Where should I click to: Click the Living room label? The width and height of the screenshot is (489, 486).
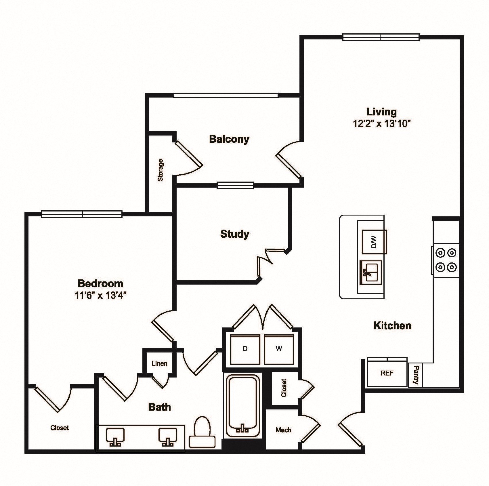tap(381, 112)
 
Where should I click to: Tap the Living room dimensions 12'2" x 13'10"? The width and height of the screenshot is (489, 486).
tap(381, 123)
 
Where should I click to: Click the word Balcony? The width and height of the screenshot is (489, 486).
tap(229, 139)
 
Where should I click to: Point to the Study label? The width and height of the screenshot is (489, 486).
tap(234, 234)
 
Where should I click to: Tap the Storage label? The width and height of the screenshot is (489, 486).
tap(161, 170)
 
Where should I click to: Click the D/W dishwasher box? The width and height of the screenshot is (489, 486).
tap(374, 242)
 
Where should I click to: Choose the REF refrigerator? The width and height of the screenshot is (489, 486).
tap(387, 373)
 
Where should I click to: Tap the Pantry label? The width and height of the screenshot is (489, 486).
tap(416, 375)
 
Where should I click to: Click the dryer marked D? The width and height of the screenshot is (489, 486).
tap(245, 349)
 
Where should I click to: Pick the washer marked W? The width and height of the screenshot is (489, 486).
tap(279, 349)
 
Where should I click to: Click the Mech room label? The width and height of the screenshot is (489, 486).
tap(283, 430)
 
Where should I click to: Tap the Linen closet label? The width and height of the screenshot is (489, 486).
tap(159, 363)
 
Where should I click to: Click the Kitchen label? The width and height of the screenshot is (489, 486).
tap(392, 325)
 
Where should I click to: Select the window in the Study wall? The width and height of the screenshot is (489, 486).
tap(235, 185)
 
